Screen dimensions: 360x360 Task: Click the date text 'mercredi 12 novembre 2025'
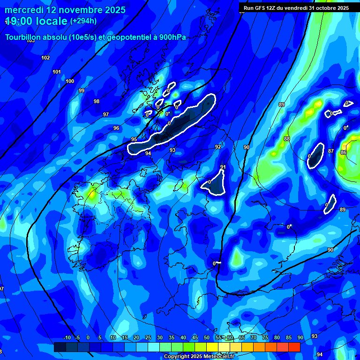[x=65, y=10]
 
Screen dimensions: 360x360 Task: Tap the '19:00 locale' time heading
[x=36, y=21]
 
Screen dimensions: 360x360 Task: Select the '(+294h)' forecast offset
[x=83, y=21]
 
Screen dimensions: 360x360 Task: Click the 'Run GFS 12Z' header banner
[x=296, y=7]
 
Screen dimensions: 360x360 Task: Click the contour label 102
[x=45, y=58]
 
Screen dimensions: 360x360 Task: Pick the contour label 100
[x=70, y=81]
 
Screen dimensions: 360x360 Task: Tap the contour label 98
[x=97, y=101]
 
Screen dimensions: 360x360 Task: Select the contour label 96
[x=116, y=128]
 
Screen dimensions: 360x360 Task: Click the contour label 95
[x=134, y=139]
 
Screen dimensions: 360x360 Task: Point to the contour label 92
[x=218, y=147]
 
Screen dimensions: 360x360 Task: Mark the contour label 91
[x=223, y=167]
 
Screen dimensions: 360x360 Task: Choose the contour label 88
[x=287, y=139]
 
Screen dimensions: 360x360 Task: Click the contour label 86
[x=344, y=152]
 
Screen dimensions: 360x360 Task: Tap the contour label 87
[x=331, y=151]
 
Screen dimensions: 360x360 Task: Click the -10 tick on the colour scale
[x=67, y=338]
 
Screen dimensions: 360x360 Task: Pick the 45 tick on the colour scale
[x=195, y=338]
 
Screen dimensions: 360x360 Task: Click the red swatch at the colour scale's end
[x=294, y=347]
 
